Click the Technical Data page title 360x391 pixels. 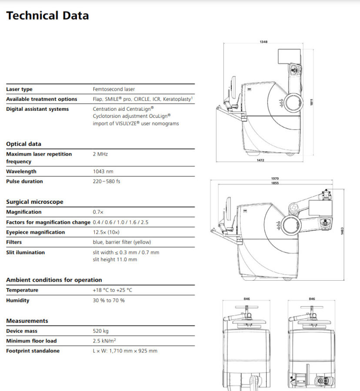coord(47,16)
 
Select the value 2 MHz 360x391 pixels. coord(100,154)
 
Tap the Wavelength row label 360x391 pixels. coord(21,172)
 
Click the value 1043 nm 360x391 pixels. coord(103,172)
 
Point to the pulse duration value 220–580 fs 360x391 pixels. coord(107,181)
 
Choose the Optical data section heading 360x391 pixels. coord(24,144)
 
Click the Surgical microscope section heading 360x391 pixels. coord(35,202)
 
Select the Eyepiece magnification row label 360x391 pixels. coord(35,232)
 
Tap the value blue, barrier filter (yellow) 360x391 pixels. coord(122,242)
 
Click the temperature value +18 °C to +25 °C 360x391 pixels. coord(113,290)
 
